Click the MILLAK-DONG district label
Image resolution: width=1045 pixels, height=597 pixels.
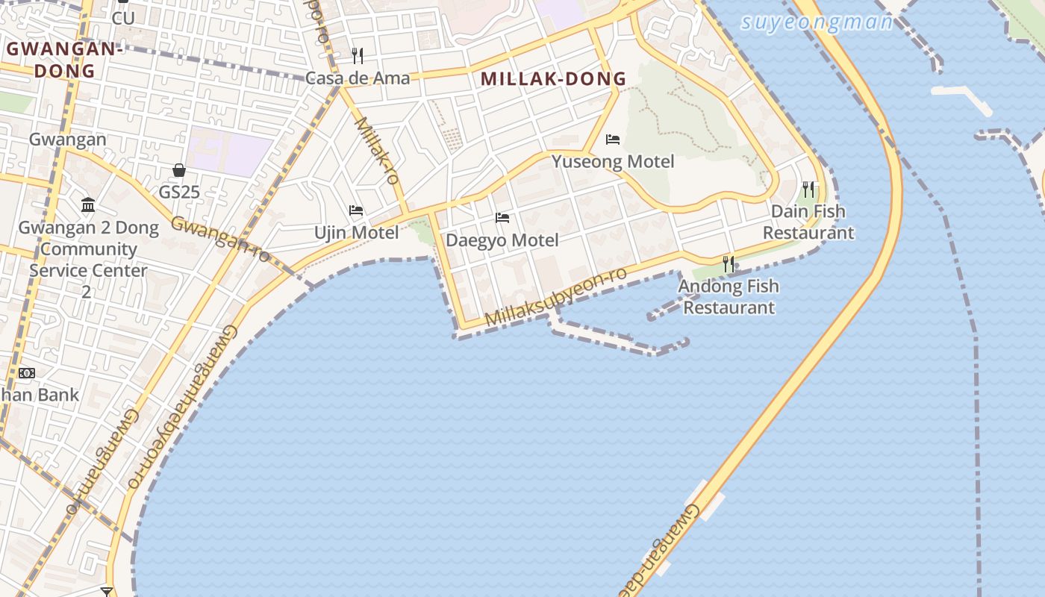(x=553, y=78)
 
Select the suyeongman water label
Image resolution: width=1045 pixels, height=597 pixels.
(x=817, y=22)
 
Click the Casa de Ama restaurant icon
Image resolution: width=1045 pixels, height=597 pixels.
(x=358, y=55)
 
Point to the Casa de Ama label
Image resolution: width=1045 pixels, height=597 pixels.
(x=358, y=78)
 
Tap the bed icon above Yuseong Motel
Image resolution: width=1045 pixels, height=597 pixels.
(x=613, y=140)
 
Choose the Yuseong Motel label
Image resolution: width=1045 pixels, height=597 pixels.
(x=613, y=162)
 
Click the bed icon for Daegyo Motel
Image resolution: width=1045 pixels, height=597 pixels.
(x=502, y=218)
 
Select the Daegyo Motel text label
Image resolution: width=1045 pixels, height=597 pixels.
(x=502, y=240)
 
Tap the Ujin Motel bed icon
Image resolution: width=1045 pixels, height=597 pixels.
(x=356, y=210)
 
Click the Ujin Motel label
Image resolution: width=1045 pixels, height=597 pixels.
(x=356, y=233)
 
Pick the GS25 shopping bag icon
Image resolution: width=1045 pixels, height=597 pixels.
(x=179, y=170)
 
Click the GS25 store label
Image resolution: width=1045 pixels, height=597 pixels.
(x=179, y=193)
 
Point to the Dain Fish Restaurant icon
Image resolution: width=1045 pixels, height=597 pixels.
(x=808, y=189)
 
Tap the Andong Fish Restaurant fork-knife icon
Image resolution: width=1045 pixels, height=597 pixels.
(x=729, y=263)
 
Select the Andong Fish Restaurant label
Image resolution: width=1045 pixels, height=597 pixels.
(x=729, y=296)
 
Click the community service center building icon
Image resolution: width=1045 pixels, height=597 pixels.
(x=88, y=204)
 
